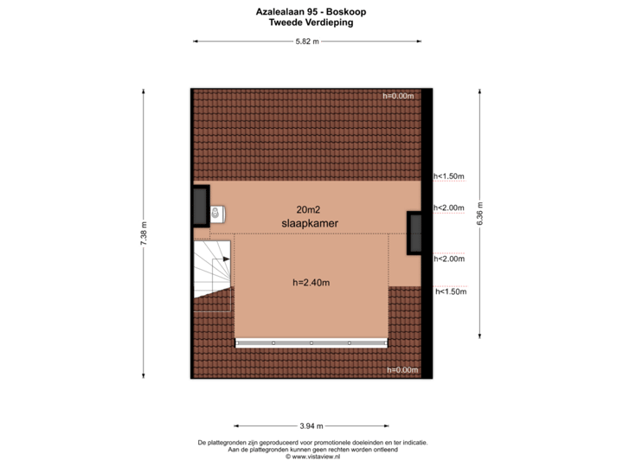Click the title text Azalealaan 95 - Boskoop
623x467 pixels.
(x=311, y=12)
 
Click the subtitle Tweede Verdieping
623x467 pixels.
(x=311, y=22)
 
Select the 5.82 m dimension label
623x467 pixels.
(x=307, y=42)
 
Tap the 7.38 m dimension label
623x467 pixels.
(x=144, y=233)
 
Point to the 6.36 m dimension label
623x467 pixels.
(x=480, y=214)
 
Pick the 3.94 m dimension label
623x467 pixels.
(x=311, y=426)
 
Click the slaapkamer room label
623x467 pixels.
(x=310, y=223)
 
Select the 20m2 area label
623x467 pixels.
(x=308, y=209)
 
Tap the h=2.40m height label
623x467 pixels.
(x=311, y=283)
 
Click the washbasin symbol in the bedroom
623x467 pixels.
(x=217, y=214)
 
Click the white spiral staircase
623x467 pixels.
(x=212, y=269)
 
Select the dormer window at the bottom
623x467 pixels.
(x=311, y=343)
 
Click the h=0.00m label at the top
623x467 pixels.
(x=398, y=96)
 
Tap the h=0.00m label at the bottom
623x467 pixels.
(x=402, y=370)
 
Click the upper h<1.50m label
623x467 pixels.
(x=449, y=176)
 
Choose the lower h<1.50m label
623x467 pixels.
(x=451, y=292)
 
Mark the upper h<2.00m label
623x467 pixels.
(x=449, y=208)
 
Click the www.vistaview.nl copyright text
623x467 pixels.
(x=312, y=457)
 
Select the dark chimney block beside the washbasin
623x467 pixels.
(x=201, y=207)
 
